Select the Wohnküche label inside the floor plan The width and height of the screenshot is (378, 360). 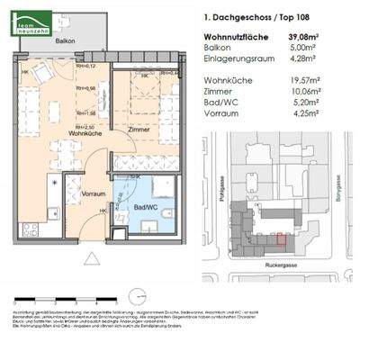point(59,134)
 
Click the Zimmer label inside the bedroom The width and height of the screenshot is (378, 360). point(139,130)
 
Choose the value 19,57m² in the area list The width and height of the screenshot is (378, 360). point(333,80)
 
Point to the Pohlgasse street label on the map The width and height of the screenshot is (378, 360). point(219,189)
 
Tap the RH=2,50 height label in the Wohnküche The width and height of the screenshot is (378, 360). point(84,128)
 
